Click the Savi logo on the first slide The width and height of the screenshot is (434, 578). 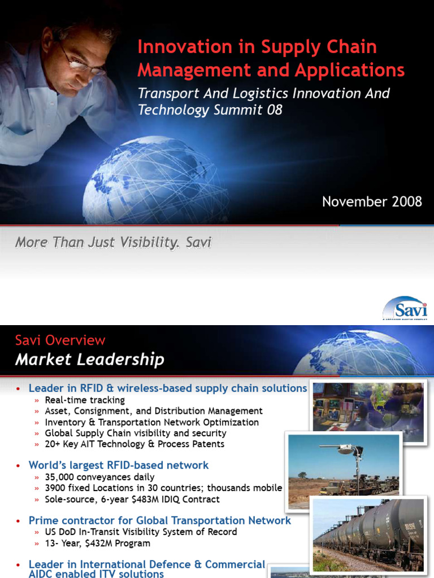point(405,308)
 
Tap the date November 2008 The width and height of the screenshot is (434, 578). point(372,202)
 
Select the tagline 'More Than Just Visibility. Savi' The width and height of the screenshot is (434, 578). point(113,243)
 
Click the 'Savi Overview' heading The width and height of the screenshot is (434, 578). point(60,340)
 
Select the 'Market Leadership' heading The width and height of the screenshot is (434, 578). point(89,359)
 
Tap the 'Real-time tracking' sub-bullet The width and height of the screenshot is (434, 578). point(85,400)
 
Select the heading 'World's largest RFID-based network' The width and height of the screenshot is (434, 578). point(119,465)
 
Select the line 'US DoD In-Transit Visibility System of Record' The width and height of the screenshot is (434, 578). point(141,532)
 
